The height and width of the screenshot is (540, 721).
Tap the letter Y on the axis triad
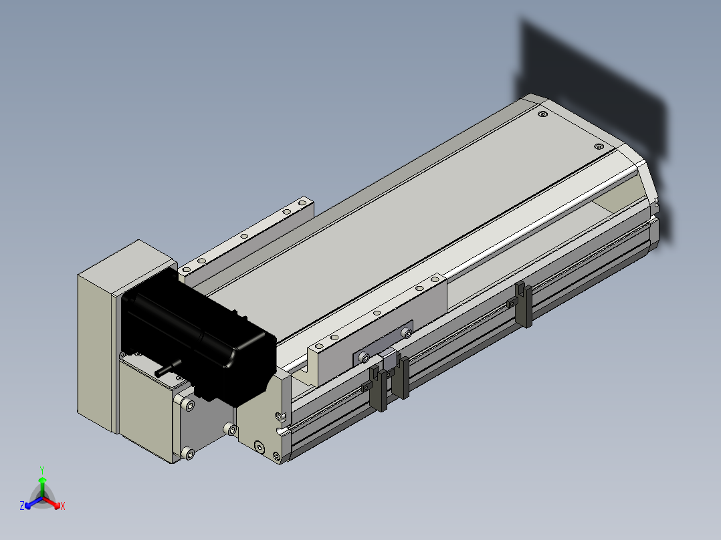42,470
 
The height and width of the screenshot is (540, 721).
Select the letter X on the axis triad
63,506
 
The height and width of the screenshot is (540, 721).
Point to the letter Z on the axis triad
22,506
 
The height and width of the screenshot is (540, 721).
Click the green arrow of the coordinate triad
42,487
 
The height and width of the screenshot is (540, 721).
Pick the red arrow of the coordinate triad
51,502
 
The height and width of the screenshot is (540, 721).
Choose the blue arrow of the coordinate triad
33,503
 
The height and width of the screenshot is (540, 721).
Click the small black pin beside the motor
167,368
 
